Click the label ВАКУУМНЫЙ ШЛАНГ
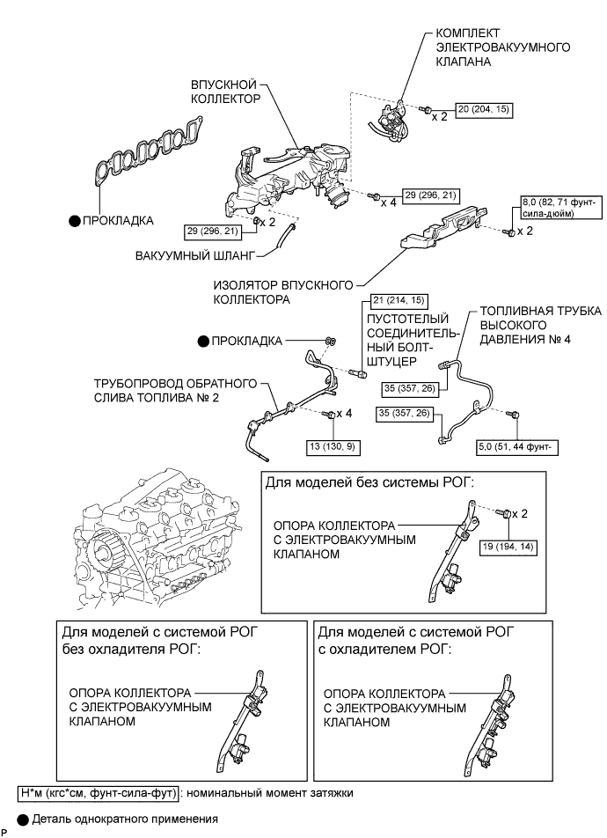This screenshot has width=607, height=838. (x=195, y=255)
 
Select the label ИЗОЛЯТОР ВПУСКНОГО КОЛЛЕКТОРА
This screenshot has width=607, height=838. (x=283, y=292)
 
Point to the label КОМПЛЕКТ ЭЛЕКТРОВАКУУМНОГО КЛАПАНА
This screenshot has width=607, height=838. (x=503, y=48)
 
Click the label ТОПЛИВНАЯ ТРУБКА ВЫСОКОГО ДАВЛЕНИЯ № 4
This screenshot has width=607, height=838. (x=540, y=325)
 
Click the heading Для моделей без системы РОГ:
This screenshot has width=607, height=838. (x=370, y=483)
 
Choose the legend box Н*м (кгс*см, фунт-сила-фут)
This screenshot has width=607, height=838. (x=98, y=793)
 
